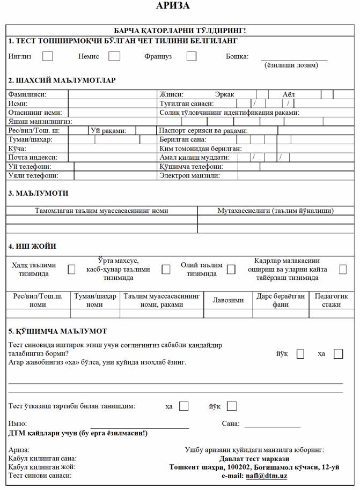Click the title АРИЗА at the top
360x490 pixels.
click(x=173, y=6)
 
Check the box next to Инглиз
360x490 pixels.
click(x=48, y=56)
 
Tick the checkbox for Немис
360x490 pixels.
click(x=114, y=56)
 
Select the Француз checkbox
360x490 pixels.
click(x=192, y=56)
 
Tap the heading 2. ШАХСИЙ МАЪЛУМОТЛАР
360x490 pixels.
click(x=62, y=80)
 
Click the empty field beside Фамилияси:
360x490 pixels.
click(x=113, y=94)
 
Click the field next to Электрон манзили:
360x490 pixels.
click(x=296, y=175)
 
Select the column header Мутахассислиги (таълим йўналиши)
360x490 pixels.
click(x=276, y=211)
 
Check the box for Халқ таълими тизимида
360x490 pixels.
click(x=71, y=270)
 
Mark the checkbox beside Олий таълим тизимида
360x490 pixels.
click(x=231, y=270)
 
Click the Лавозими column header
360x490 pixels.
click(x=229, y=300)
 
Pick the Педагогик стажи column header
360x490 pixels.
click(x=332, y=300)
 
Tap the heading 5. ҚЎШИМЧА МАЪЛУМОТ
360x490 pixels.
click(x=57, y=331)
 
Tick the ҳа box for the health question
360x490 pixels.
click(x=338, y=354)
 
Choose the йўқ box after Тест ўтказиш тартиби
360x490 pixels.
click(x=232, y=406)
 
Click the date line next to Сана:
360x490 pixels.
click(x=272, y=424)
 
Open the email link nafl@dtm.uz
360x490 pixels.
click(x=266, y=476)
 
